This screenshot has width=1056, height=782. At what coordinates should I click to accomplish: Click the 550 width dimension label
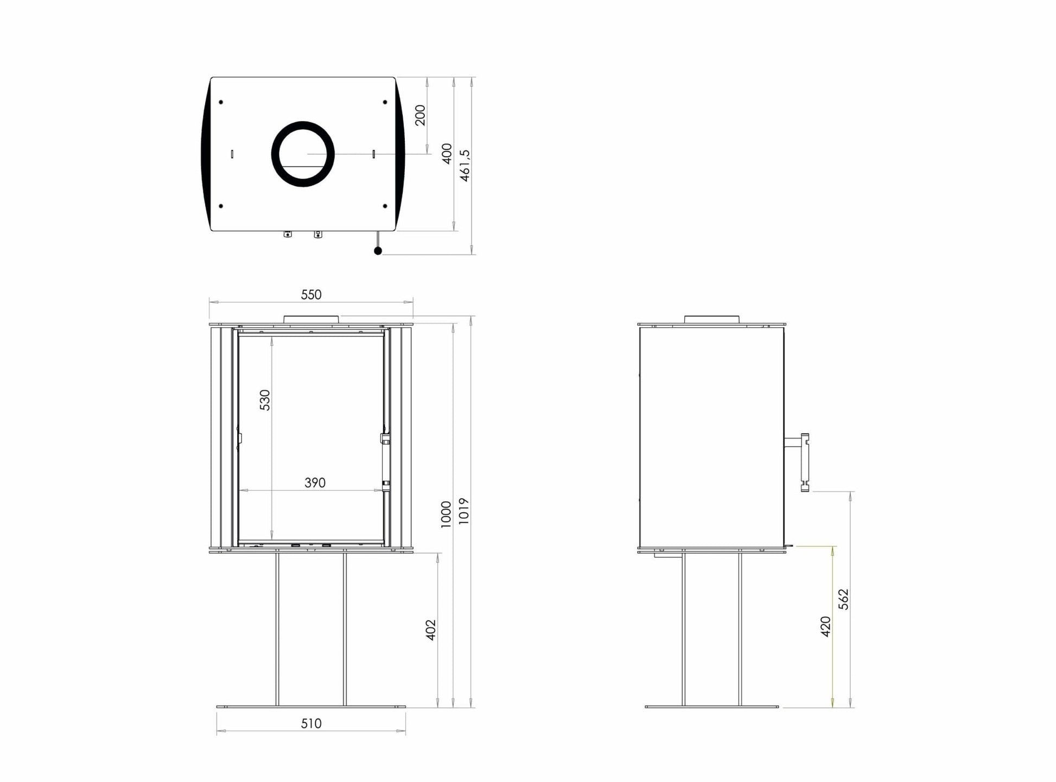[x=311, y=295]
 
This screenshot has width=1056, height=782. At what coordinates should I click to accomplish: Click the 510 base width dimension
[x=311, y=723]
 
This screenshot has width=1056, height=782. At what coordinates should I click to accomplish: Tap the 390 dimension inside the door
[x=315, y=482]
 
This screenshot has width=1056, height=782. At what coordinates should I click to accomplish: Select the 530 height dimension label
[x=265, y=400]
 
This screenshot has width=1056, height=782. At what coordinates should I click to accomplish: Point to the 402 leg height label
[x=431, y=630]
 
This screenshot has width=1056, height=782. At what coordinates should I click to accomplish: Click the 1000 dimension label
[x=446, y=514]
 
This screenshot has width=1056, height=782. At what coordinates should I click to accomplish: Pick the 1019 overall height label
[x=463, y=511]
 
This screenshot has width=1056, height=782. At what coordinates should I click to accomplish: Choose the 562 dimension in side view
[x=843, y=599]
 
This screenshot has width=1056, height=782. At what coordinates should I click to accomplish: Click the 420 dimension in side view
[x=826, y=626]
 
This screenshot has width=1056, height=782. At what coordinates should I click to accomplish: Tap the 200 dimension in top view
[x=421, y=115]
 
